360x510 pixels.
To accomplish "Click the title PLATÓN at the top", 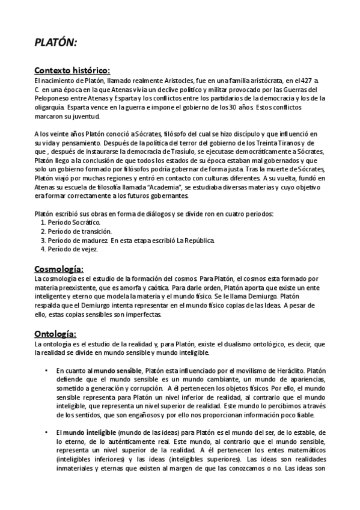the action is pyautogui.click(x=55, y=43).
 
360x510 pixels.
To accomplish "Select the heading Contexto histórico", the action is pyautogui.click(x=72, y=70).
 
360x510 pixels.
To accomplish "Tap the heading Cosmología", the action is pyautogui.click(x=58, y=268).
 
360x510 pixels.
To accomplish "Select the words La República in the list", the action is pyautogui.click(x=194, y=240).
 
